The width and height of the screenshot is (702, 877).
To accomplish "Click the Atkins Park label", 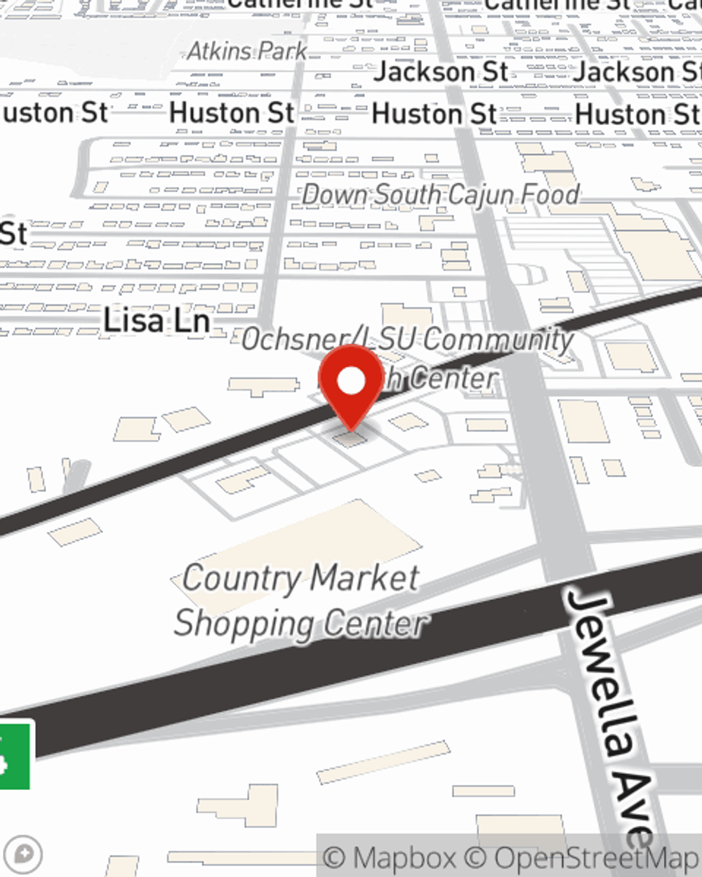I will (247, 51).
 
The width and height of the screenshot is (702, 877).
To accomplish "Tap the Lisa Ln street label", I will (157, 321).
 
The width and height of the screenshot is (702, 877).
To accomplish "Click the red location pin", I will (351, 382).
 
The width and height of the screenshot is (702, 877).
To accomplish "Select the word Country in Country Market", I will (241, 579).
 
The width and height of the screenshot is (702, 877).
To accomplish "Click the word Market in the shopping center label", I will (364, 579).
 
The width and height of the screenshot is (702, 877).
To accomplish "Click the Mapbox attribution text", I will (389, 857).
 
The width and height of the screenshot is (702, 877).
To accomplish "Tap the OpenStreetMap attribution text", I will (597, 857).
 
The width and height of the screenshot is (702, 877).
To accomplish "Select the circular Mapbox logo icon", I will (24, 855).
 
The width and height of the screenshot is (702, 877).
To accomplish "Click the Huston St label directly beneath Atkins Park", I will (232, 114).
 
